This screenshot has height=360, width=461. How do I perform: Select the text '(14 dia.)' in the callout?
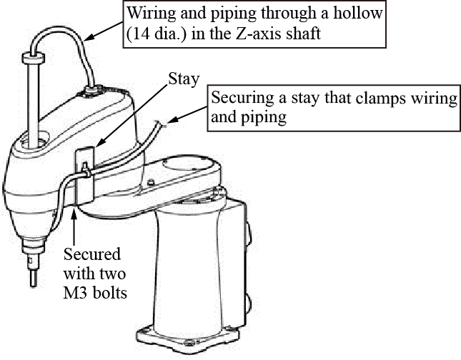pyautogui.click(x=159, y=34)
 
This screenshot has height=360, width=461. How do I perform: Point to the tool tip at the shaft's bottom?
pyautogui.click(x=32, y=276)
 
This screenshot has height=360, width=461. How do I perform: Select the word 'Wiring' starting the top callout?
pyautogui.click(x=149, y=14)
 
